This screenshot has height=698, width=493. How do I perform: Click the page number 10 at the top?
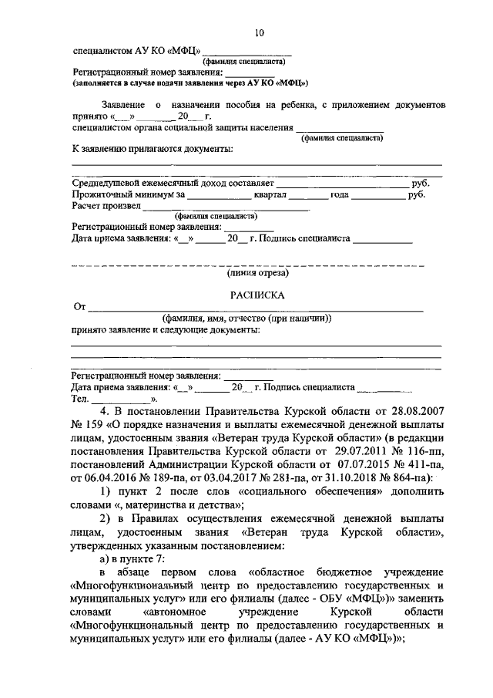click(x=258, y=32)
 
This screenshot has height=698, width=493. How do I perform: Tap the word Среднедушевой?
click(x=107, y=184)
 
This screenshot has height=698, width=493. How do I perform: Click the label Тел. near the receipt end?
click(x=80, y=399)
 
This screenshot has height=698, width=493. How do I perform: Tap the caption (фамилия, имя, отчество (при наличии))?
click(x=246, y=319)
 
